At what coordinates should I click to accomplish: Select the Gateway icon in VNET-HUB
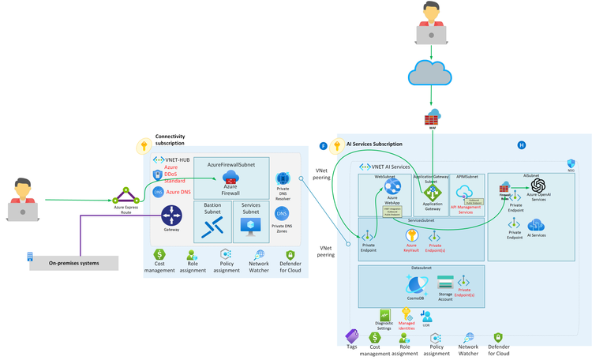point(171,215)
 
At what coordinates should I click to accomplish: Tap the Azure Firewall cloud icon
point(230,178)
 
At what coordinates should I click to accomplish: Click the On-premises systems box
point(73,263)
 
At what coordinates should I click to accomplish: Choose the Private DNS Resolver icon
point(283,179)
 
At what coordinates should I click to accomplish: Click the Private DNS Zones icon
point(283,213)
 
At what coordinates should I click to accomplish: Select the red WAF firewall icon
point(431,121)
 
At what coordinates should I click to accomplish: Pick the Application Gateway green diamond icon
point(432,192)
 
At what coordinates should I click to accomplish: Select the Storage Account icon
point(445,281)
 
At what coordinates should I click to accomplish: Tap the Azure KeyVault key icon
point(411,235)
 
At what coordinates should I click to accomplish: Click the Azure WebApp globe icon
point(393,188)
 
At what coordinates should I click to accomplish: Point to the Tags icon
point(353,336)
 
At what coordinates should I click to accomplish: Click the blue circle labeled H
point(521,145)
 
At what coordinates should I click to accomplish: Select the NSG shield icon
point(571,163)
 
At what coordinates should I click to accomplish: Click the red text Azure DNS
point(178,192)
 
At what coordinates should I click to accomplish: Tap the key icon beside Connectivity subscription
point(144,146)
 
